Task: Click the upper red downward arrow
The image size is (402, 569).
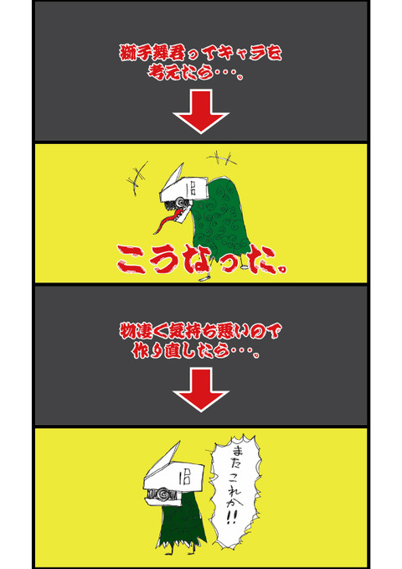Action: click(200, 112)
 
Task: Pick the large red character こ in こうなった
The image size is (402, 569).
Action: click(134, 261)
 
